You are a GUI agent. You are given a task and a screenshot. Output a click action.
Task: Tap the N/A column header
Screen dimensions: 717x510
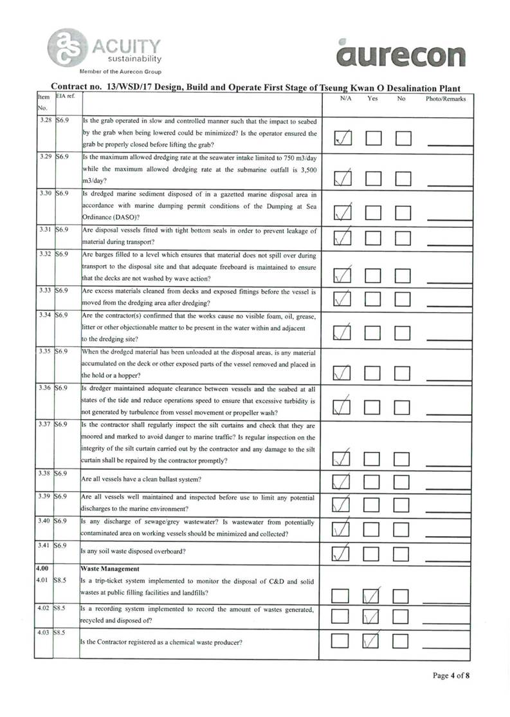(345, 98)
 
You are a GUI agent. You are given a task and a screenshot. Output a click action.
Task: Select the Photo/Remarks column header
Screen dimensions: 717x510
(446, 98)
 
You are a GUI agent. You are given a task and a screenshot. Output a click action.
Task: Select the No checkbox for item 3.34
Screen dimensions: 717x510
(403, 333)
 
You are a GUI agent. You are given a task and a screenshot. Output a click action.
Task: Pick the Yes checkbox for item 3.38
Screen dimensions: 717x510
(374, 480)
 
